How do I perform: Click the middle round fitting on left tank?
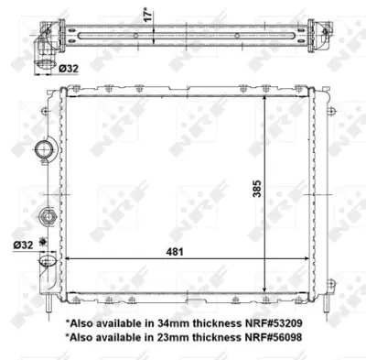pos(46,217)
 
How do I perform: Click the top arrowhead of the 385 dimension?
pos(266,97)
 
